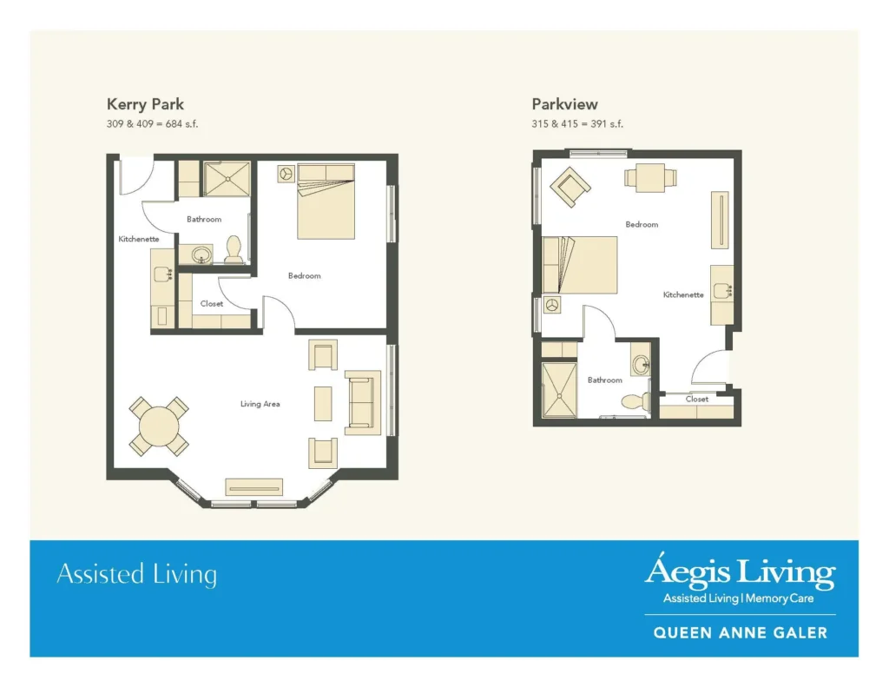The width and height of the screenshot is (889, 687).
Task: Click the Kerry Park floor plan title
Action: pos(145,104)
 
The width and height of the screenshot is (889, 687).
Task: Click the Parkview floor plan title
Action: pos(564,104)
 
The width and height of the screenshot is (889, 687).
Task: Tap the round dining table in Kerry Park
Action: pos(159,426)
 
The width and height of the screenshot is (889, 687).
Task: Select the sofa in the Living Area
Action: pos(363,402)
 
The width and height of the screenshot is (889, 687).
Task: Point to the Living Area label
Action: pos(260,404)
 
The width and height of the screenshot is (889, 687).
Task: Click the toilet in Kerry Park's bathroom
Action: pos(234,250)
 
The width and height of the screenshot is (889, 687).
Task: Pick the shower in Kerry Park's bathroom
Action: pos(227,178)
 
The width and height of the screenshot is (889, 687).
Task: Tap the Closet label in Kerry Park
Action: pos(212,304)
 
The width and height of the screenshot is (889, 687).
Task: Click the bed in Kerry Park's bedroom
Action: pos(326,201)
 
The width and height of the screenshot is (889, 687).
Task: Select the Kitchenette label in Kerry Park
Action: pos(139,239)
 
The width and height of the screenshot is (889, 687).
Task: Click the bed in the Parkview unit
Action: pos(580,265)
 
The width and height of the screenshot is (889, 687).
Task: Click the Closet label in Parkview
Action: pos(697,400)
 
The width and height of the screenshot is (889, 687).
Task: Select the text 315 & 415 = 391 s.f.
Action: pos(577,124)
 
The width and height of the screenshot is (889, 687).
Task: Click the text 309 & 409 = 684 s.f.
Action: pos(152,124)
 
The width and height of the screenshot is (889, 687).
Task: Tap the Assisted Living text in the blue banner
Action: pos(136,575)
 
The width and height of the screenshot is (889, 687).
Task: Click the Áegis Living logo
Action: pos(739,573)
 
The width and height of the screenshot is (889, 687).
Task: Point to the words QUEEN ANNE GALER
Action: pos(740,633)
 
